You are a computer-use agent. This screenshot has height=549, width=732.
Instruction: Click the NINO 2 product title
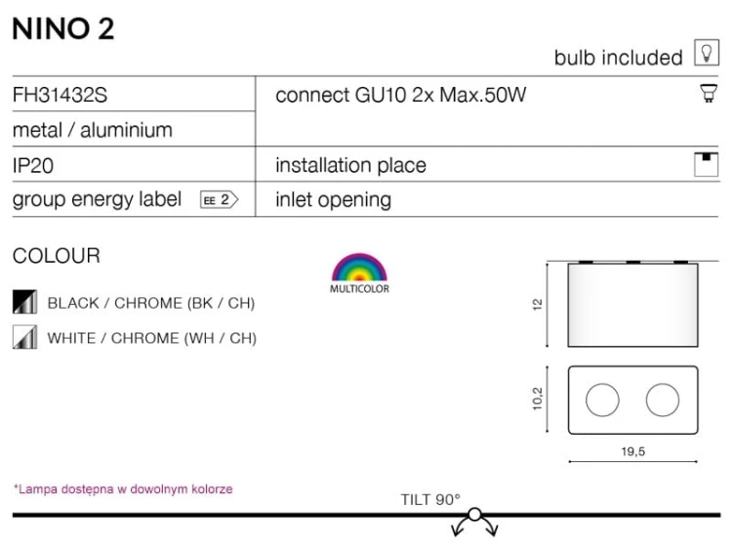(x=63, y=29)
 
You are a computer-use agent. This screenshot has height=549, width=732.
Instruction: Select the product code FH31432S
(x=60, y=95)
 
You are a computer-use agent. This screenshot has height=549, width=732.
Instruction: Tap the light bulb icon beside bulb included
(x=706, y=53)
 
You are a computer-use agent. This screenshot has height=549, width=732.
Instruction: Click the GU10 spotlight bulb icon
(x=709, y=94)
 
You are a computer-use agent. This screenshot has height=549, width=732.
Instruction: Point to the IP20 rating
(x=32, y=165)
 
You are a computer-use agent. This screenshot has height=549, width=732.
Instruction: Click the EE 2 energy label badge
(x=219, y=200)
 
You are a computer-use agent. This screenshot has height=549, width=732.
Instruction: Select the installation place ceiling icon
(x=706, y=164)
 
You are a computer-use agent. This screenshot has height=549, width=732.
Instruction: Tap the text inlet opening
(x=333, y=200)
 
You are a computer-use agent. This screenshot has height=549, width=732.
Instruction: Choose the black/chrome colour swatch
(x=24, y=302)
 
